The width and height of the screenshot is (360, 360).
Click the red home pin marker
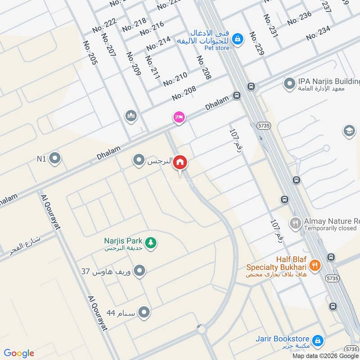click(180, 162)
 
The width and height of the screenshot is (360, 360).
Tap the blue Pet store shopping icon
click(238, 40)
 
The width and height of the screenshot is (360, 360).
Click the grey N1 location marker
click(55, 158)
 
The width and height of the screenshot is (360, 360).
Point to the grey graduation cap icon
click(349, 131)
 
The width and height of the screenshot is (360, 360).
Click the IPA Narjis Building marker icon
click(289, 83)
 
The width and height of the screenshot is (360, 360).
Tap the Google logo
click(19, 353)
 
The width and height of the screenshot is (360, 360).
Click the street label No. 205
click(90, 53)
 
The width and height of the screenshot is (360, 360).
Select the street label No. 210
click(175, 80)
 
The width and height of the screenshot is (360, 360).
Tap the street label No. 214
click(158, 43)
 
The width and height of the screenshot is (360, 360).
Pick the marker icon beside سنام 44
click(144, 312)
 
